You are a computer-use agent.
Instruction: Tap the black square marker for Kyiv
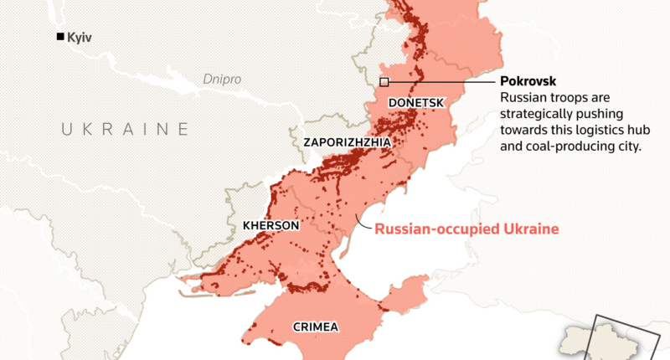(x=59, y=37)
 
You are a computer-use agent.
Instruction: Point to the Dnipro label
(x=222, y=80)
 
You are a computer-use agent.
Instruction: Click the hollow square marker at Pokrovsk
(x=384, y=82)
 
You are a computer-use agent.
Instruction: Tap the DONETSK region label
(x=415, y=102)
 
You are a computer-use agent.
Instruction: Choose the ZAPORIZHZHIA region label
(x=347, y=143)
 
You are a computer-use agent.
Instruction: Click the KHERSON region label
(x=270, y=226)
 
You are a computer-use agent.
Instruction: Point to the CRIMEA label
(x=315, y=327)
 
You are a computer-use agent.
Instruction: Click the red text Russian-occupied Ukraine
(x=466, y=228)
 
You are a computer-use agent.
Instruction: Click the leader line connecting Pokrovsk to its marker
(x=440, y=82)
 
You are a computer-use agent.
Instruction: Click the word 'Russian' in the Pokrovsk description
(x=521, y=98)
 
